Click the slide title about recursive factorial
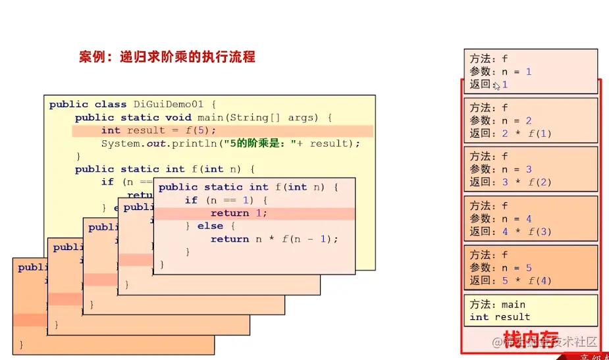click(167, 57)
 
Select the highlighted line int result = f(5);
click(159, 130)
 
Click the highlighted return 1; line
click(239, 213)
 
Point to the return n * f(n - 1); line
click(274, 239)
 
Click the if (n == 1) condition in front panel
click(225, 200)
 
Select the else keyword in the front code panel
click(210, 226)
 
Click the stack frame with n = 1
click(530, 71)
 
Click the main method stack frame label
click(497, 304)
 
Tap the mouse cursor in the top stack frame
click(496, 86)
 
